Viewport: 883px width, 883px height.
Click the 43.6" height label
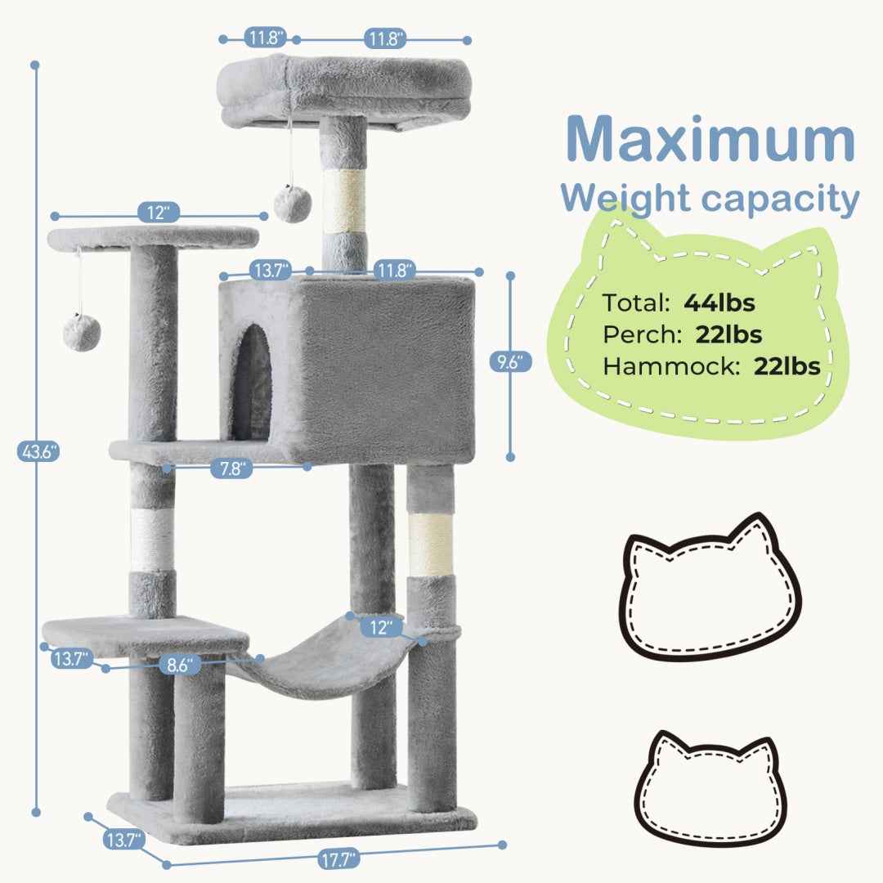tap(38, 450)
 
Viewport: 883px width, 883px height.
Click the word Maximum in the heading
tap(710, 141)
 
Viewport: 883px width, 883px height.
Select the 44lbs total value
tap(719, 303)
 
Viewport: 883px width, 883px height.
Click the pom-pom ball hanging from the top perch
tap(292, 203)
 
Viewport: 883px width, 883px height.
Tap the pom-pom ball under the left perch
tap(82, 330)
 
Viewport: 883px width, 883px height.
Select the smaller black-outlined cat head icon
tap(710, 787)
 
